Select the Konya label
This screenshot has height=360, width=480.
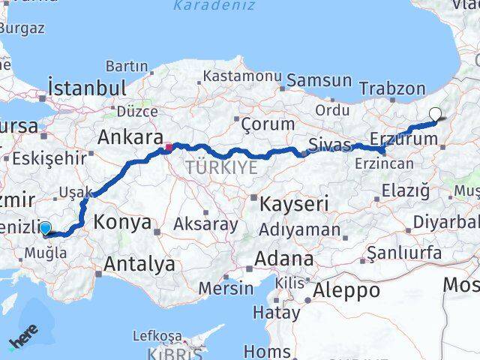122,222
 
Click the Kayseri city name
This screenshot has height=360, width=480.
294,202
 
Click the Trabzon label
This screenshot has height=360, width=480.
392,88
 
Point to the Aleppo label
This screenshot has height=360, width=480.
347,290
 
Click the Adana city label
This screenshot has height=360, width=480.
283,258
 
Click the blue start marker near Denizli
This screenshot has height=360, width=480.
46,229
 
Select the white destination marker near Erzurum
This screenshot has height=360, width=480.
435,115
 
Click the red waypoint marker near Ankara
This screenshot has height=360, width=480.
169,147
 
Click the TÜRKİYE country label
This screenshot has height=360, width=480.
221,167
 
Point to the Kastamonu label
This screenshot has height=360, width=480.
241,76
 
